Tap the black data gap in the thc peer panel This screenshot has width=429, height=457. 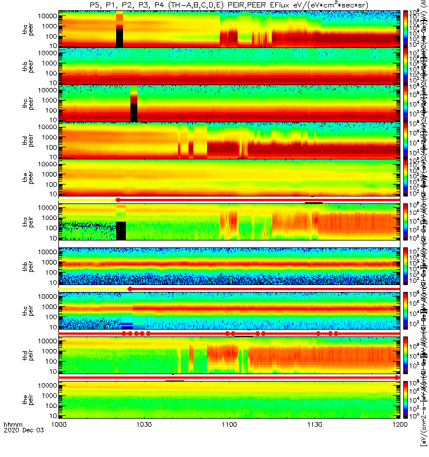point(134,112)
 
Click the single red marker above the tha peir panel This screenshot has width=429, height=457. point(118,200)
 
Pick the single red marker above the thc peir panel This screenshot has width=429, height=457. point(130,289)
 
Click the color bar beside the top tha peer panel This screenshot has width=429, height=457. point(406,29)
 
